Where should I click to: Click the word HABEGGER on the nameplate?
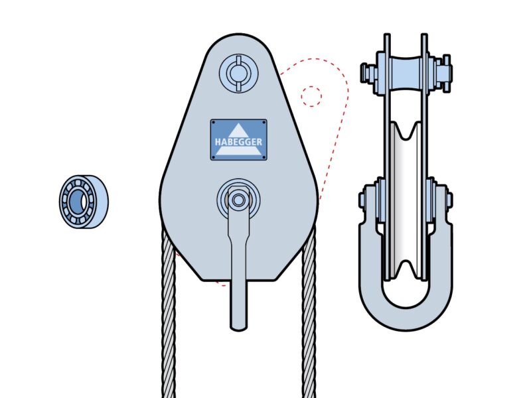[238, 142]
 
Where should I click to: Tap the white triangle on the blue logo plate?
[238, 132]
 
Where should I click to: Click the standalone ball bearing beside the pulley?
[84, 202]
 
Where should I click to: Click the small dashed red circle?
[311, 96]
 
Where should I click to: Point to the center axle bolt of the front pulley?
[238, 200]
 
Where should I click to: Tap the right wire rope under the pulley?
[309, 318]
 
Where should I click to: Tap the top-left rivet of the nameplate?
[214, 123]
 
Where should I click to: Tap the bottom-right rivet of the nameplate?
[264, 157]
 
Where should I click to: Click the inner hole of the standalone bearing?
[75, 200]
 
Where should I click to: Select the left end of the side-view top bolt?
[365, 72]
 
